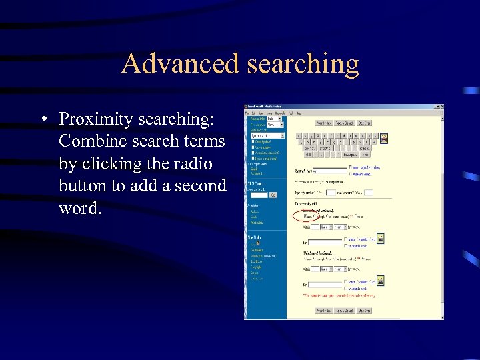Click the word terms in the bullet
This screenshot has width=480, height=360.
click(202, 141)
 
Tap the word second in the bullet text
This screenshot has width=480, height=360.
click(200, 185)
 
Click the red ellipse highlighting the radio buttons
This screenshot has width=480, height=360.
click(307, 216)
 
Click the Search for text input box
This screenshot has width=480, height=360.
click(330, 171)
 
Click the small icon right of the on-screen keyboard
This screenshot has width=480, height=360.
click(383, 139)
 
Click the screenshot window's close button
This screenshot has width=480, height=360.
click(441, 107)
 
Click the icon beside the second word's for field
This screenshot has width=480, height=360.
click(381, 239)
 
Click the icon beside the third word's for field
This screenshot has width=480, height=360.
click(381, 281)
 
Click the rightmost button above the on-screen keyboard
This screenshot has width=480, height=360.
click(364, 123)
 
